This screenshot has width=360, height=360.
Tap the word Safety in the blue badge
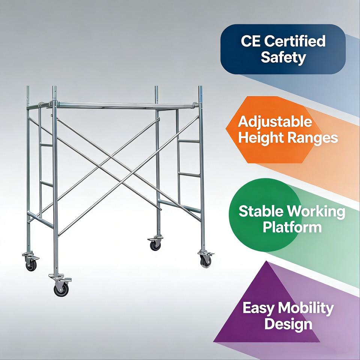click(x=283, y=57)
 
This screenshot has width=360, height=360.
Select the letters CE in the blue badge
click(x=250, y=41)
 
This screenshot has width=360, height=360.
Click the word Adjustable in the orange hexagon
click(x=275, y=121)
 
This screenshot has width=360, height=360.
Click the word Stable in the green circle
click(x=261, y=211)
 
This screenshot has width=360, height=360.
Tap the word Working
click(x=316, y=211)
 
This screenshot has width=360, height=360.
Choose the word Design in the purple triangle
click(x=288, y=324)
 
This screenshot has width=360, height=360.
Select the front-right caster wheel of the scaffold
click(x=205, y=261)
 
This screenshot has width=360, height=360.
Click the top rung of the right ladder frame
click(x=189, y=141)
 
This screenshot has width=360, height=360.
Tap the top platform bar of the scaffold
click(x=124, y=105)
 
